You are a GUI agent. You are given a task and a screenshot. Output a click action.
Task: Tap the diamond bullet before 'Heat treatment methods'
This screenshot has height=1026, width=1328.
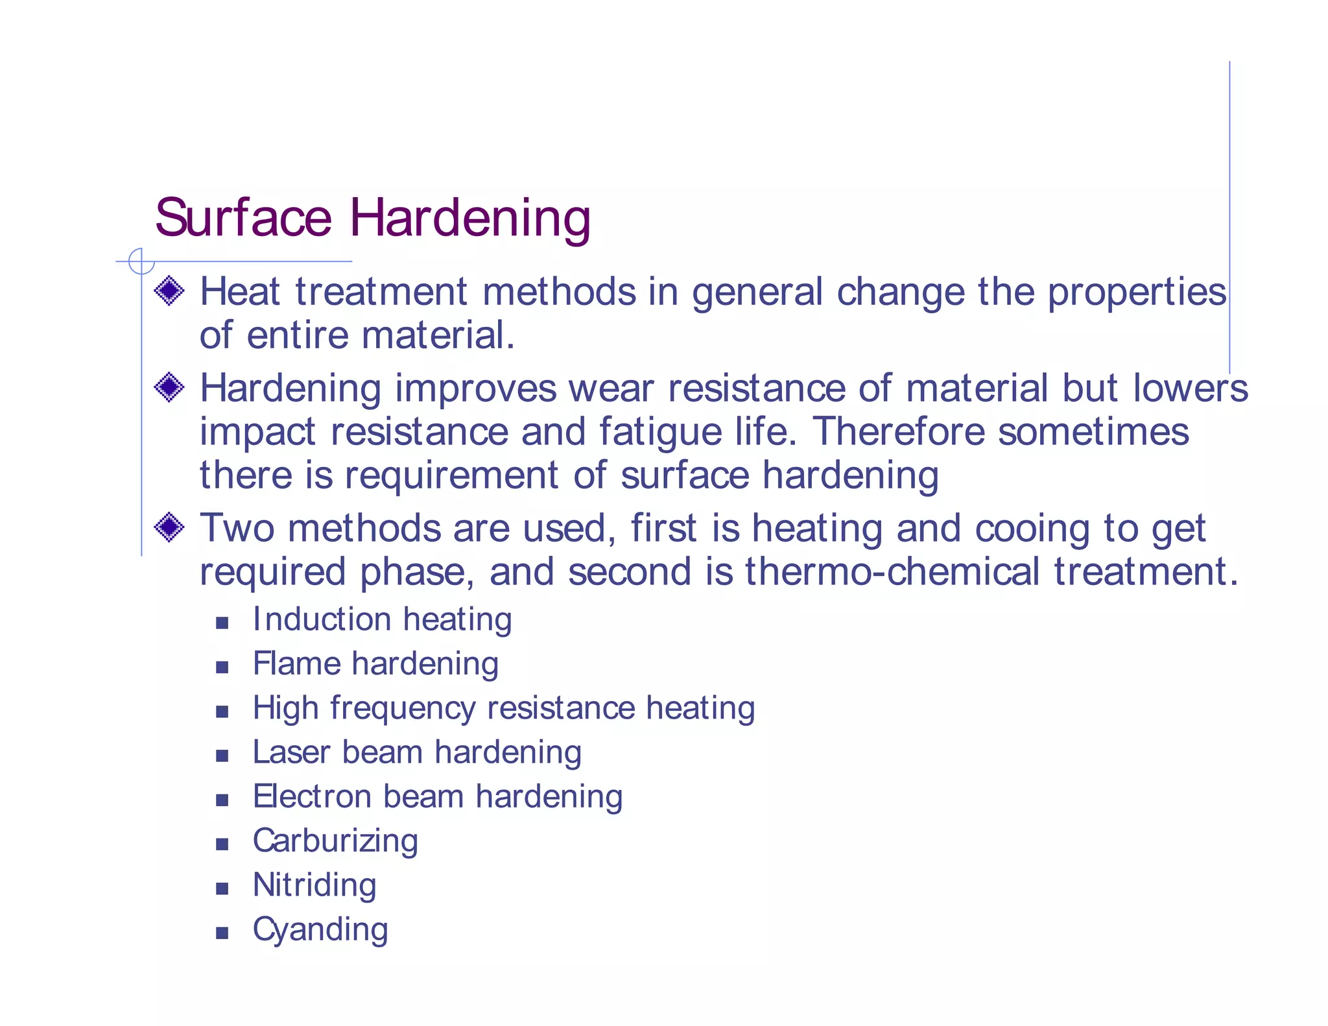coord(169,291)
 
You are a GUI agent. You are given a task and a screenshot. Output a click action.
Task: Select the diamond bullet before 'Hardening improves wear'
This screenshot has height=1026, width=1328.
coord(169,387)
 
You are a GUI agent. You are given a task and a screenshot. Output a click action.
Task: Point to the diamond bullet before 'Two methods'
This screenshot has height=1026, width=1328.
coord(169,527)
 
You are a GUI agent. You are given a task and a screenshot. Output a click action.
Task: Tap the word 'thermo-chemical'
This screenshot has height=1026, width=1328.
coord(892,572)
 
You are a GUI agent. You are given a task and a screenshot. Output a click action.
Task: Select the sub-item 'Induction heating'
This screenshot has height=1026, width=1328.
coord(382,619)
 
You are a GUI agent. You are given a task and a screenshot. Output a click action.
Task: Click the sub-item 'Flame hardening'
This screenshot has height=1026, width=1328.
coord(375,663)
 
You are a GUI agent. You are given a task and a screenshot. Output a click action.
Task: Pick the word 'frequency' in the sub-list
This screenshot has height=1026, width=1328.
coord(403,708)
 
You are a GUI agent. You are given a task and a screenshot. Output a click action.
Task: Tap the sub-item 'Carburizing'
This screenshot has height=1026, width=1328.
coord(335,841)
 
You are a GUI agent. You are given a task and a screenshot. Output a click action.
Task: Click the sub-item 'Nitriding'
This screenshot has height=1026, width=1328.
coord(314,885)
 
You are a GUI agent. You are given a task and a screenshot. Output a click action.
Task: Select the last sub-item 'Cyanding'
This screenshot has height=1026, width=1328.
coord(320,930)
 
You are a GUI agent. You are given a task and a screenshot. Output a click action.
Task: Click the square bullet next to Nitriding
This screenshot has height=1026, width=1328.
coord(222,889)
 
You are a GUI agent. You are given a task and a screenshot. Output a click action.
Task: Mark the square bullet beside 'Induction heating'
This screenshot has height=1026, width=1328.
coord(222,623)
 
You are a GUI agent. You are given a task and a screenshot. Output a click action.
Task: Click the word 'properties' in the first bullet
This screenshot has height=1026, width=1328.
coord(1137,292)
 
